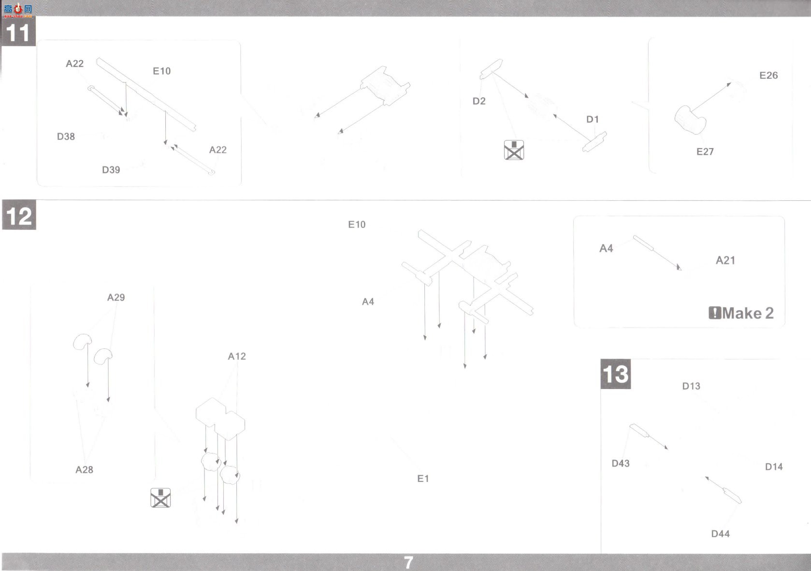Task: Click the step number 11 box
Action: tap(18, 31)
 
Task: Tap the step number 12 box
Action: tap(19, 215)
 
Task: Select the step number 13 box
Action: tap(615, 374)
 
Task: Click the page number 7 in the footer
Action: tap(408, 563)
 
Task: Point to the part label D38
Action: tap(66, 136)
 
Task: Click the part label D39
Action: tap(111, 170)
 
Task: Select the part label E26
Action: tap(768, 75)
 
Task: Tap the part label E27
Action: tap(705, 151)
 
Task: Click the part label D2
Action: tap(478, 101)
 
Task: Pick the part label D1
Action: tap(593, 119)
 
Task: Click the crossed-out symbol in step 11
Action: tap(514, 150)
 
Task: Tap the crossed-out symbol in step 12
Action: tap(160, 497)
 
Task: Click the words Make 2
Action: tap(748, 313)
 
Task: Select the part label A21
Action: tap(725, 260)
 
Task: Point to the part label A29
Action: tap(116, 297)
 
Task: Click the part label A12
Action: tap(237, 356)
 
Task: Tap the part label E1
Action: tap(423, 479)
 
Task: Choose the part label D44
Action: tap(720, 534)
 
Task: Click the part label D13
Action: tap(691, 386)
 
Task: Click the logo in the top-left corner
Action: tap(18, 10)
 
